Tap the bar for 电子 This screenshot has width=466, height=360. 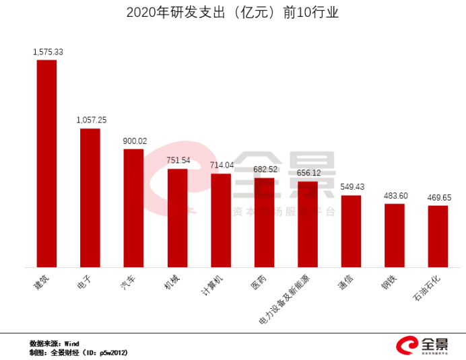[x=90, y=198]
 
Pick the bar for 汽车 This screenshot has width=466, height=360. [x=133, y=208]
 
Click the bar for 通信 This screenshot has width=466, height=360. [x=351, y=231]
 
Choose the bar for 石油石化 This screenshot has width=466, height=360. [x=438, y=236]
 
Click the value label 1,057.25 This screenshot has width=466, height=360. [x=91, y=120]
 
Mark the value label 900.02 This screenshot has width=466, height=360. [x=134, y=141]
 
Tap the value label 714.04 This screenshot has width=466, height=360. [x=222, y=165]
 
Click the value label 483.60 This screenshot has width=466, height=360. [x=395, y=195]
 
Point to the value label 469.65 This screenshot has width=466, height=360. [x=438, y=197]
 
